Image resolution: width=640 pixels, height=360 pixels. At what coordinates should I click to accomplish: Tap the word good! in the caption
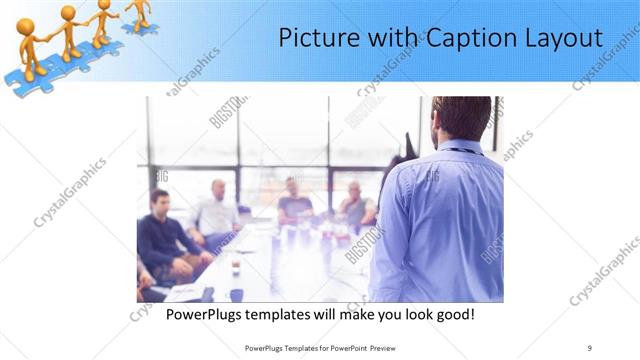tap(452, 314)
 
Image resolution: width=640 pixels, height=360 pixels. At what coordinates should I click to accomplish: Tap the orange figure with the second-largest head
tap(67, 13)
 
